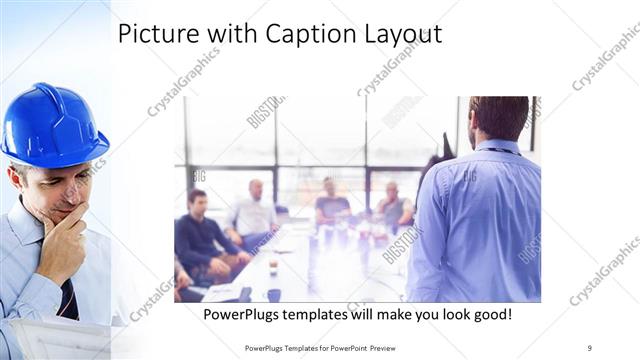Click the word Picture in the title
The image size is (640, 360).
point(154,34)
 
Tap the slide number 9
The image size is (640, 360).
point(590,347)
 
